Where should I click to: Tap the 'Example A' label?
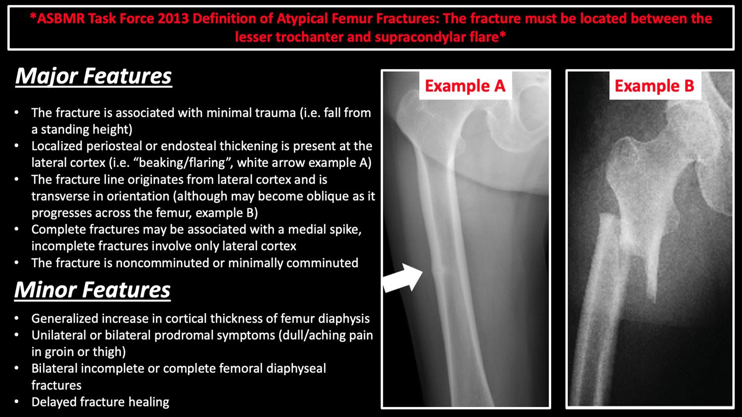pyautogui.click(x=465, y=86)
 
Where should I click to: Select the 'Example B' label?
pyautogui.click(x=654, y=86)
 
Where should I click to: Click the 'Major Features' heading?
pyautogui.click(x=93, y=77)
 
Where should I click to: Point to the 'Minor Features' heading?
pyautogui.click(x=93, y=290)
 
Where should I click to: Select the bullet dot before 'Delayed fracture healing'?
pyautogui.click(x=16, y=402)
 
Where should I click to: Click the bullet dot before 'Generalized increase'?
pyautogui.click(x=16, y=319)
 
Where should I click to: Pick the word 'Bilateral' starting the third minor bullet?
pyautogui.click(x=54, y=369)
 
